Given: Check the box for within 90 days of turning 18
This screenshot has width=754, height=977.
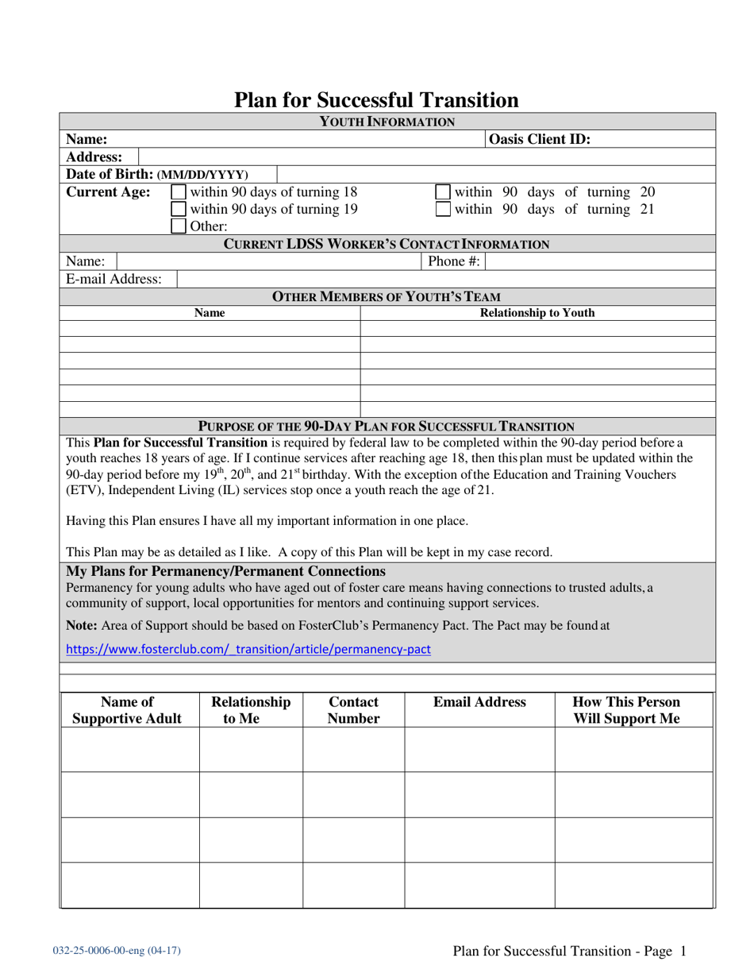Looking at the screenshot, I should pyautogui.click(x=179, y=192).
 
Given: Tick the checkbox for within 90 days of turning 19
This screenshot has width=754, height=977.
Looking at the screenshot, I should pyautogui.click(x=179, y=209).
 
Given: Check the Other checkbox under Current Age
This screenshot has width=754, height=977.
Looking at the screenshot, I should pyautogui.click(x=179, y=226).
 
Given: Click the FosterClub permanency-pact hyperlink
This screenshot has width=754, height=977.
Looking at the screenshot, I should pyautogui.click(x=248, y=649).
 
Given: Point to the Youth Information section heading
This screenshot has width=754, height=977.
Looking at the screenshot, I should pyautogui.click(x=387, y=122).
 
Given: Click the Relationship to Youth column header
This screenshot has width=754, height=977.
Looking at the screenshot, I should pyautogui.click(x=537, y=313).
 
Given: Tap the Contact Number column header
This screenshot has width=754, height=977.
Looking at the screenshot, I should pyautogui.click(x=353, y=711).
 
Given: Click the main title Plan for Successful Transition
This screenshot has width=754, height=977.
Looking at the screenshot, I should pyautogui.click(x=376, y=100).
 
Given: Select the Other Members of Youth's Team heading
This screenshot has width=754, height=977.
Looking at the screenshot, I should pyautogui.click(x=387, y=297).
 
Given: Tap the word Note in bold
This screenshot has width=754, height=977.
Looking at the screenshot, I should pyautogui.click(x=83, y=625).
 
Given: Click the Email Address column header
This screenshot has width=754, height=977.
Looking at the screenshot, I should pyautogui.click(x=479, y=702).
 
